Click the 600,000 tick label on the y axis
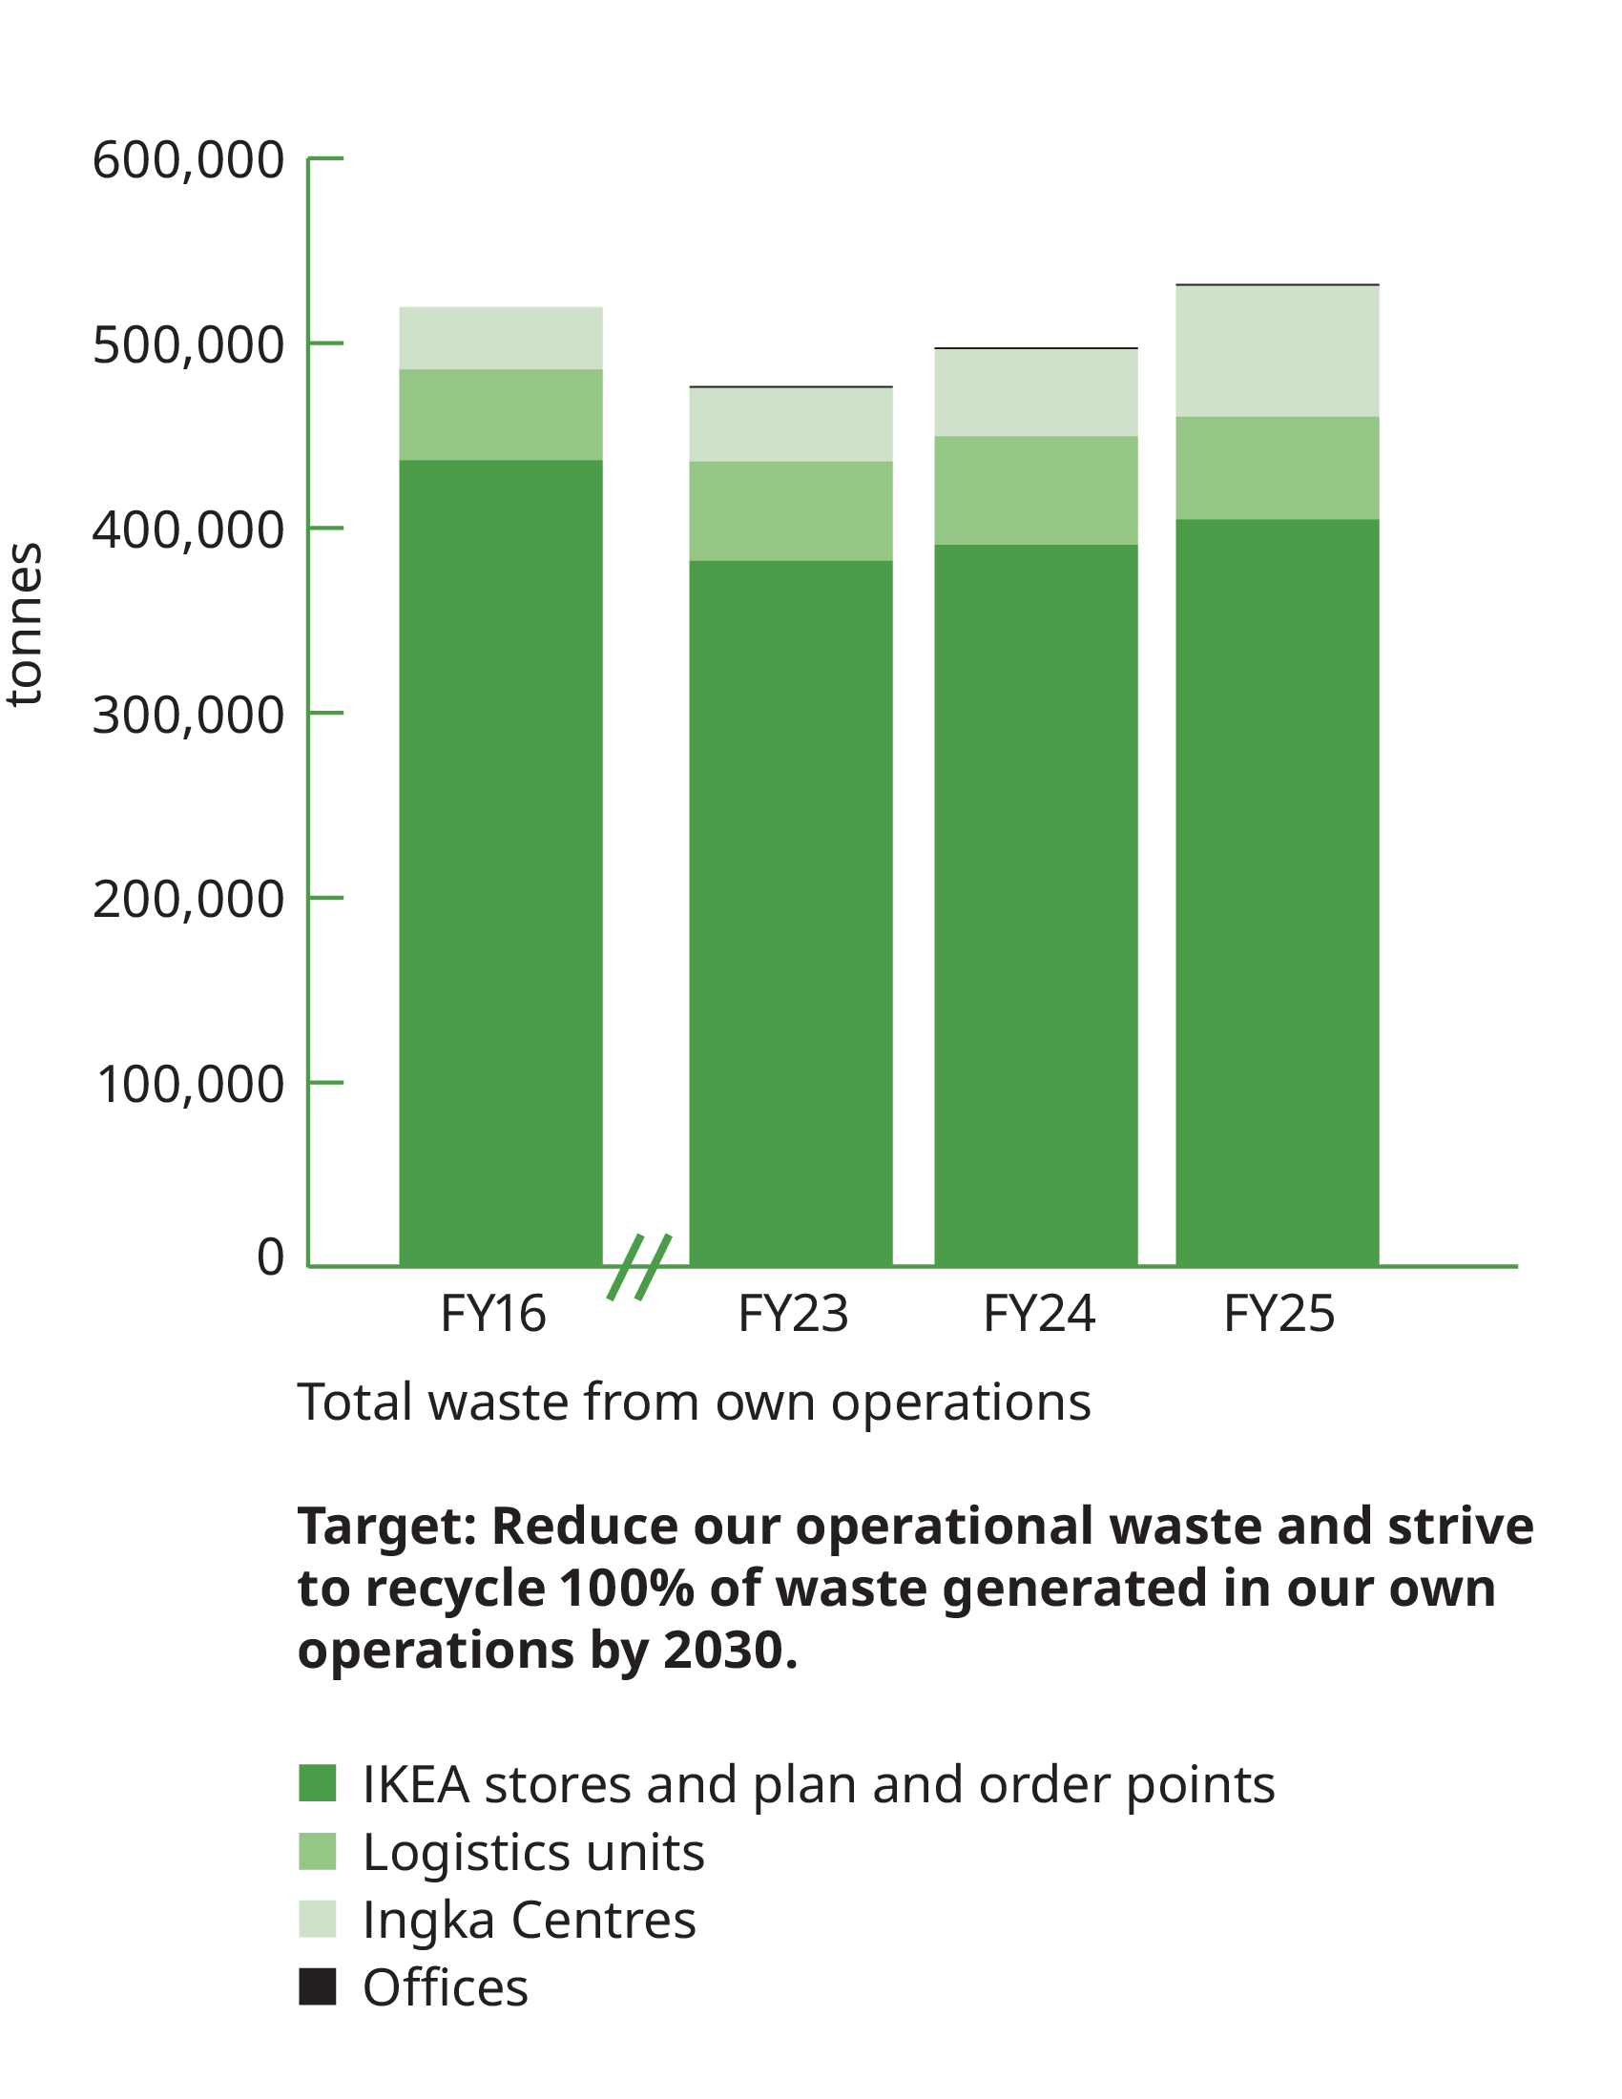[x=188, y=159]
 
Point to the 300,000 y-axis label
[x=188, y=715]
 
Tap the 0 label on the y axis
[x=270, y=1257]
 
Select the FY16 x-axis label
[x=493, y=1314]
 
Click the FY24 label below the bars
[x=1039, y=1314]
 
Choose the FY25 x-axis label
[x=1279, y=1314]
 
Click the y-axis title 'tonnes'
[x=25, y=625]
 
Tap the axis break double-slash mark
[x=639, y=1267]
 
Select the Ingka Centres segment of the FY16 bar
[x=501, y=339]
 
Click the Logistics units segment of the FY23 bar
[x=791, y=510]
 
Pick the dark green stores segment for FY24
[x=1036, y=904]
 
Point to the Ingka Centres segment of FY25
[x=1277, y=351]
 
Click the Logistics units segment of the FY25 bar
[x=1277, y=468]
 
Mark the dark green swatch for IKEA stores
[x=317, y=1783]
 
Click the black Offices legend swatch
[x=317, y=1987]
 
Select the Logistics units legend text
[x=533, y=1852]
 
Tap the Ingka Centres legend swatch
[x=317, y=1920]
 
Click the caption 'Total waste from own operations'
[x=694, y=1403]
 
